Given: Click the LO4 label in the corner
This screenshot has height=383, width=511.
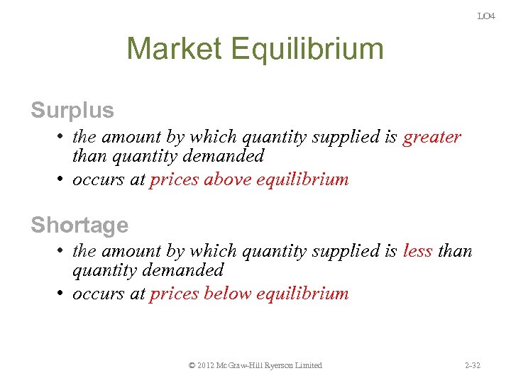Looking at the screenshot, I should click(485, 16).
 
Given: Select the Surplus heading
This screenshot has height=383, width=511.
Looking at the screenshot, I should click(72, 111).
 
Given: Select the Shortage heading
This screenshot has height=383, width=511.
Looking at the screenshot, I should click(79, 225).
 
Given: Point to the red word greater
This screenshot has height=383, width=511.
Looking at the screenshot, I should click(432, 137).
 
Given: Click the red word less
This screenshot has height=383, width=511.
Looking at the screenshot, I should click(417, 251).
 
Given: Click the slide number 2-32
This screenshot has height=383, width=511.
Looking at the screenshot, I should click(472, 365).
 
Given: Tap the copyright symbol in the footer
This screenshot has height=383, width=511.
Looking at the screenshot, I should click(192, 365).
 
